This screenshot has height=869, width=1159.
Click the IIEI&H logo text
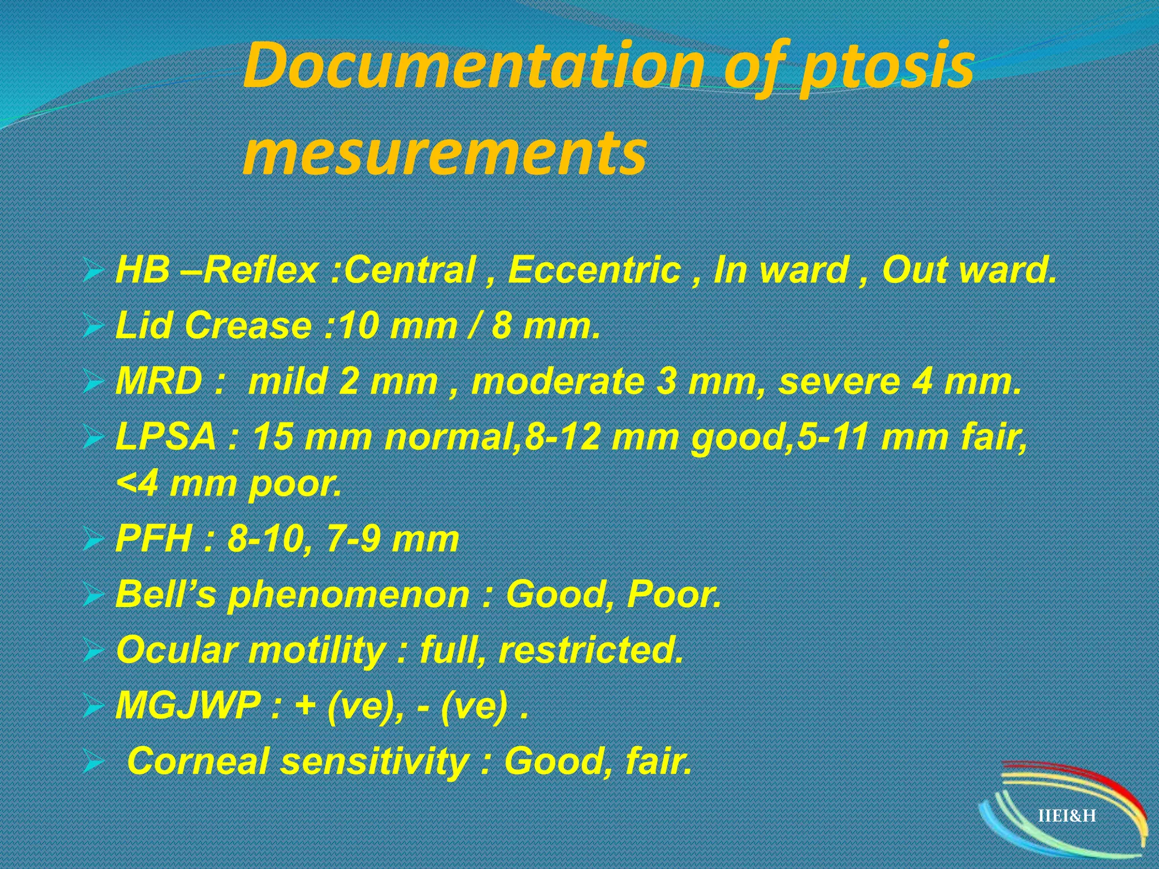(x=1067, y=816)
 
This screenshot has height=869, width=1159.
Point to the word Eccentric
(x=594, y=270)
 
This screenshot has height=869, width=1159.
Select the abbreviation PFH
(x=153, y=539)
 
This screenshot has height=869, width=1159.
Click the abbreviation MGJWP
(x=187, y=705)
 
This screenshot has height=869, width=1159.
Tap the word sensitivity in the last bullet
(x=374, y=761)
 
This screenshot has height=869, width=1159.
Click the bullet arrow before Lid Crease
(x=91, y=327)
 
